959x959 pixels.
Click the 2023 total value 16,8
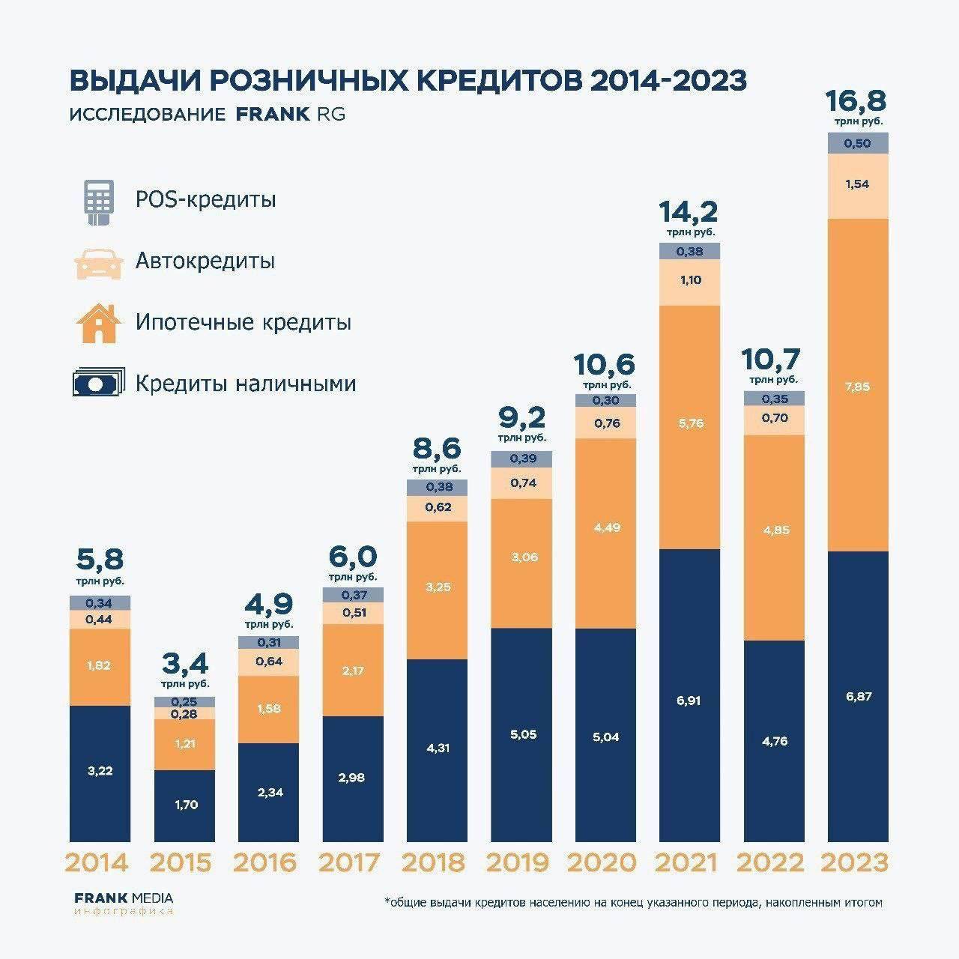[x=856, y=100]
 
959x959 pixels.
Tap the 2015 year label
[x=181, y=862]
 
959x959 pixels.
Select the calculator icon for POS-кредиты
[x=95, y=200]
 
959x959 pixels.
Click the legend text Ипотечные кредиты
[x=243, y=323]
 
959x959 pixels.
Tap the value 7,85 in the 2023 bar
[x=858, y=387]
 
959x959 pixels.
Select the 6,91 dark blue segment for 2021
[x=689, y=700]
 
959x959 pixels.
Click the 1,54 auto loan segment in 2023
[x=858, y=184]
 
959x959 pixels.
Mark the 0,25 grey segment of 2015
[x=184, y=701]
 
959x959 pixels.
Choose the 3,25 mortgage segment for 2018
[x=438, y=587]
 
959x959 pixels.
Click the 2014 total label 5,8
[x=100, y=560]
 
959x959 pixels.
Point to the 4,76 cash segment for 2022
[x=774, y=741]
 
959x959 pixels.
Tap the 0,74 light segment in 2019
[x=522, y=483]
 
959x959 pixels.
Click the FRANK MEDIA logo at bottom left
[x=124, y=898]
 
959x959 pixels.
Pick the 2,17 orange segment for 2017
[x=353, y=671]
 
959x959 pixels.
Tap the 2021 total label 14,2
[x=689, y=212]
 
